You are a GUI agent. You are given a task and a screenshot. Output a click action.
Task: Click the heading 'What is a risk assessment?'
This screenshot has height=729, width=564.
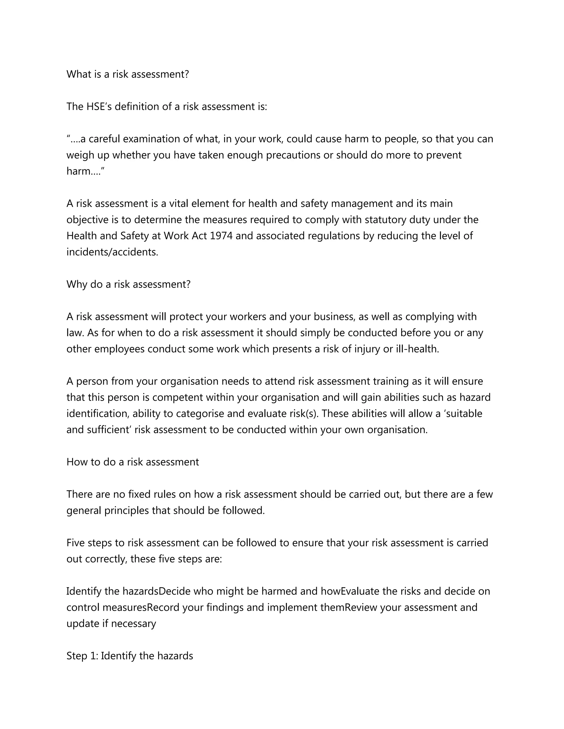click(x=128, y=74)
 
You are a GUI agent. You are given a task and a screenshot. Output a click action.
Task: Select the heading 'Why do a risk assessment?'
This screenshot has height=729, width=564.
click(x=128, y=284)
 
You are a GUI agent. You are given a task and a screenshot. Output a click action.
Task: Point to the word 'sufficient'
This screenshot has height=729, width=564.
click(x=108, y=430)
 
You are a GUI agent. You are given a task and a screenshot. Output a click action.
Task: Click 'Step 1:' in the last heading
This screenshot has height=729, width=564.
click(x=82, y=656)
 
